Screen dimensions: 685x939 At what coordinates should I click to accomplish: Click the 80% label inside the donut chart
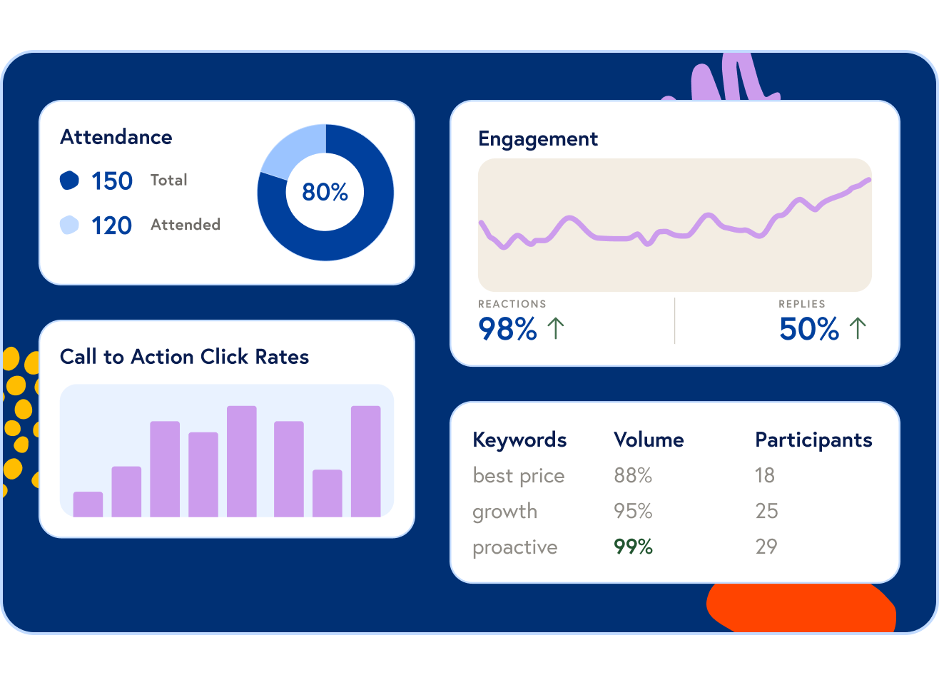pos(325,192)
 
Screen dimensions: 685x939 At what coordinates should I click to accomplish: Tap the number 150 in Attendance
pos(112,181)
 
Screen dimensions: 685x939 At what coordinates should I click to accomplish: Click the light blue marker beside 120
pos(69,225)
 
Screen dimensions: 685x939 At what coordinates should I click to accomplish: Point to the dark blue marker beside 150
pos(69,181)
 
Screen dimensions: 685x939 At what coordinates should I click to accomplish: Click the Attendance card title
pos(116,137)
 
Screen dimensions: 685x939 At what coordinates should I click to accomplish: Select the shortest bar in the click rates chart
pos(88,504)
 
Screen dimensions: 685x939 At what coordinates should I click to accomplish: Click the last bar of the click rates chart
pos(365,461)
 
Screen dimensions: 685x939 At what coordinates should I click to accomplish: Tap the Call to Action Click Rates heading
pos(184,357)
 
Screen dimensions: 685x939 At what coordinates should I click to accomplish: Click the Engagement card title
pos(538,138)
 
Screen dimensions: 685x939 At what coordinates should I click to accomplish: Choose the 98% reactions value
pos(507,329)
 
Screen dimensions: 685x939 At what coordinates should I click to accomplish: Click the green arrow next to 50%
pos(858,328)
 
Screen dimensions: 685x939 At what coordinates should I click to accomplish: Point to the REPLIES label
pos(801,304)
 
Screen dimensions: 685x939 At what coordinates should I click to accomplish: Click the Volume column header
pos(649,440)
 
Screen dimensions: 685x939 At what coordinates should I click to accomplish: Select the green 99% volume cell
pos(633,547)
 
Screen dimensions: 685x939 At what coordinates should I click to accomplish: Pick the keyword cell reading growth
pos(504,512)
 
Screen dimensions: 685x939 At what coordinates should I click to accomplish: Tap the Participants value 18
pos(764,475)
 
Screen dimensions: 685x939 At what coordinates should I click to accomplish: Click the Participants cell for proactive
pos(766,547)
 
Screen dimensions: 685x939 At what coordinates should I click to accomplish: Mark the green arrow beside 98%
pos(556,328)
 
